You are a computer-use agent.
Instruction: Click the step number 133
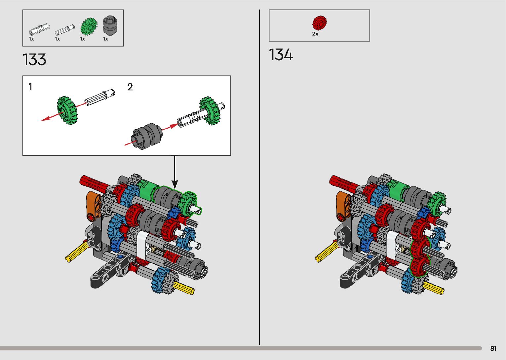click(34, 60)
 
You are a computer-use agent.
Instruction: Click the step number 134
click(281, 55)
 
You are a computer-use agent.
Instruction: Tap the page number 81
click(493, 348)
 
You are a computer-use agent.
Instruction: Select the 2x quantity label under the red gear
click(315, 34)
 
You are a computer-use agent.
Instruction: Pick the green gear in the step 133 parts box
click(89, 27)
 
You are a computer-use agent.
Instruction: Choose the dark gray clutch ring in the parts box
click(110, 25)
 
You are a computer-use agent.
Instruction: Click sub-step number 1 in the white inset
click(30, 87)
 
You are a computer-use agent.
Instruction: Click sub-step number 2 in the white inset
click(130, 87)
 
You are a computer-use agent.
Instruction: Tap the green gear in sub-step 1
click(67, 110)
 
